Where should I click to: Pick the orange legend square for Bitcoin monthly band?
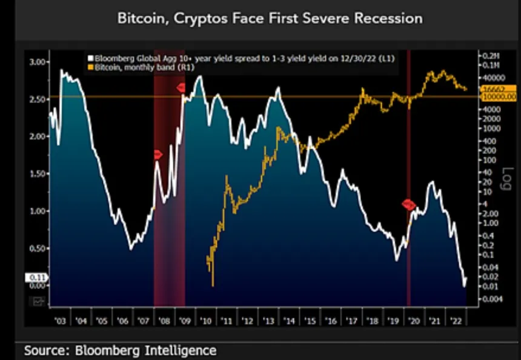90,67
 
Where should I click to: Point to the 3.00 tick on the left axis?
38,62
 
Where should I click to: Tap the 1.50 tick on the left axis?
38,173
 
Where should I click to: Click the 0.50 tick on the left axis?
38,248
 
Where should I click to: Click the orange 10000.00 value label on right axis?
498,96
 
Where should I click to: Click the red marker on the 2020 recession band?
409,205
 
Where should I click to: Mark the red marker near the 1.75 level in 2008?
158,155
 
